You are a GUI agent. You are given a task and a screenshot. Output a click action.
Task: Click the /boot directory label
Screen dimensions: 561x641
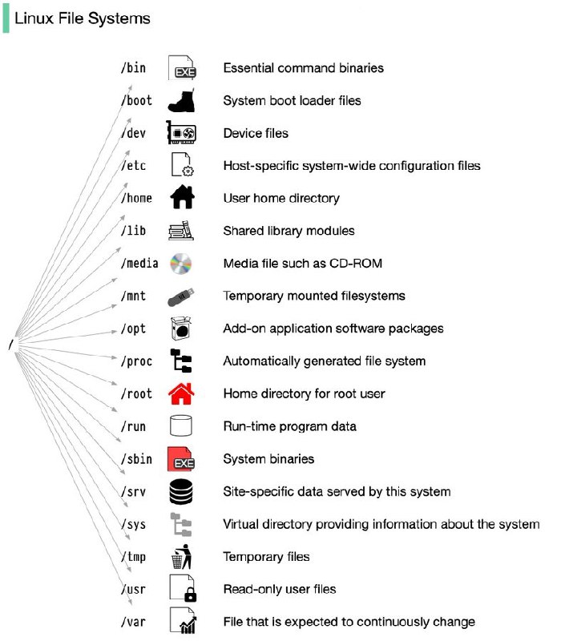point(136,101)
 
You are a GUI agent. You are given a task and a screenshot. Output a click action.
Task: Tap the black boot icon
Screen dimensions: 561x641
point(182,102)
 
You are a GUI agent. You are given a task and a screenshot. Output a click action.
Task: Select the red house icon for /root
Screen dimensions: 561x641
point(181,393)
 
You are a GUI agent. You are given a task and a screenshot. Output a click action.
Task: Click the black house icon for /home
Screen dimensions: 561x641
point(182,196)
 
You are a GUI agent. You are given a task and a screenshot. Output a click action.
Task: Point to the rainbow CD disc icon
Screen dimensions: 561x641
point(181,264)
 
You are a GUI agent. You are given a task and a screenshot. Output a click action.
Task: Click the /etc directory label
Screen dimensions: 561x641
point(134,166)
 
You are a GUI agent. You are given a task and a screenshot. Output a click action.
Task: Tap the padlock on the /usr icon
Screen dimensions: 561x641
point(190,595)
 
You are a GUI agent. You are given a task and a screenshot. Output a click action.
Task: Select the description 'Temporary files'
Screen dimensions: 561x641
point(266,557)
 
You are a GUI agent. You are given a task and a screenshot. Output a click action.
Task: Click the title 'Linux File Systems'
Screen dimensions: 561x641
point(83,18)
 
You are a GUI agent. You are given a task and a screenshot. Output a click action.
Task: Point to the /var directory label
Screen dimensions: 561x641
point(133,622)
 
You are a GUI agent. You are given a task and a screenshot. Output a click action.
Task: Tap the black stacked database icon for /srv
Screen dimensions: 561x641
point(181,492)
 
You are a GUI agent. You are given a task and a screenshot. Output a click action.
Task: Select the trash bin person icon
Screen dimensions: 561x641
point(182,557)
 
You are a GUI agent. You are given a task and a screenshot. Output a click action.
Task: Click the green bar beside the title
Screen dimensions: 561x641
point(6,18)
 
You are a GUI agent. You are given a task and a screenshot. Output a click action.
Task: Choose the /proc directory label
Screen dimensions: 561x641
point(136,361)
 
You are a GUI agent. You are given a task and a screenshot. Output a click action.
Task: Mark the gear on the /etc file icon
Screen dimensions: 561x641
point(188,171)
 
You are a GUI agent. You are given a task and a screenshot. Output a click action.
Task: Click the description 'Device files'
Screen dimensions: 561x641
point(256,133)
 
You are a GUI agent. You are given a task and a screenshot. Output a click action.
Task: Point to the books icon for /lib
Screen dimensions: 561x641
point(181,231)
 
